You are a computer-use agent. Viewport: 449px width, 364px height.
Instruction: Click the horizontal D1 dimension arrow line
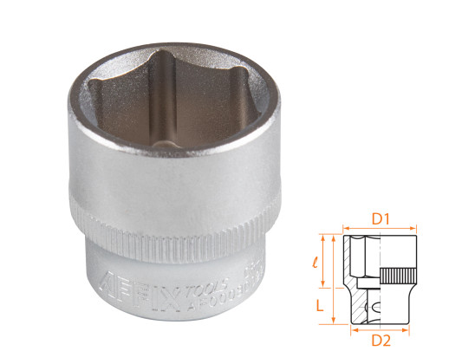(x=381, y=228)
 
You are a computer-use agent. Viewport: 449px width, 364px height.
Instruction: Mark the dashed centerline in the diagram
(x=381, y=277)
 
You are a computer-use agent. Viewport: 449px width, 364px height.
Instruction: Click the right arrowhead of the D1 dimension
(x=413, y=228)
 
